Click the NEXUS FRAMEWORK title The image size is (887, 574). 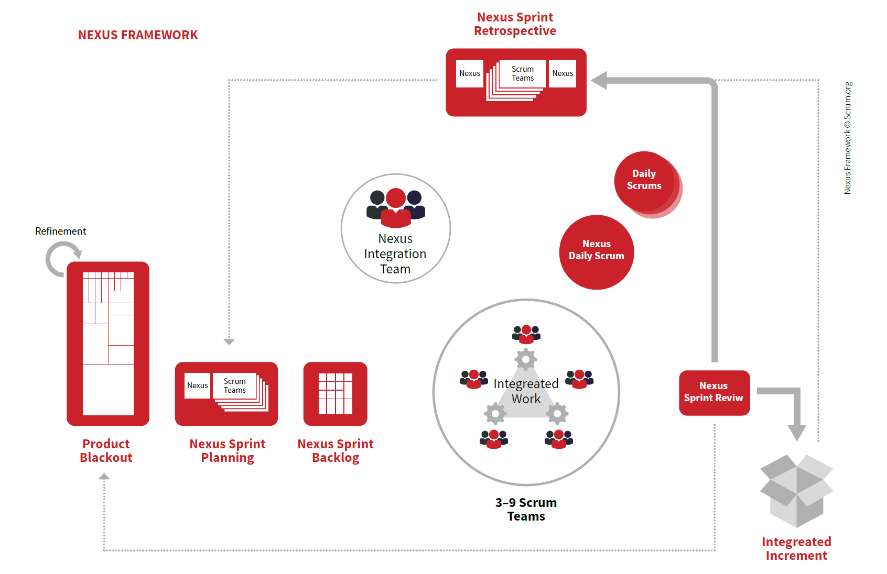[138, 35]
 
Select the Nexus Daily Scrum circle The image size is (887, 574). [597, 252]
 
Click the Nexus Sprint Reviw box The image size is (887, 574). [715, 392]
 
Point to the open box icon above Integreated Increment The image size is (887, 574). [796, 491]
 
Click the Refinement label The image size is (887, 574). [61, 231]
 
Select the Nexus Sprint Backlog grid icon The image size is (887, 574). [336, 394]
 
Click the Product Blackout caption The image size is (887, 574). [106, 450]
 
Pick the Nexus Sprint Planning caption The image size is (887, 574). [228, 450]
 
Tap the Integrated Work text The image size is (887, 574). [526, 391]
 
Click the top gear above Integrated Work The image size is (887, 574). [525, 360]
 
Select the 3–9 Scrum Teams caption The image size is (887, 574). [526, 509]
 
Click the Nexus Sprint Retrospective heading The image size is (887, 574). [515, 24]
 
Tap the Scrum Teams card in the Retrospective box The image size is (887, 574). [522, 73]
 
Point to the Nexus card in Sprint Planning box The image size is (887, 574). [197, 385]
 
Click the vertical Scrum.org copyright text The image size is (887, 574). [847, 138]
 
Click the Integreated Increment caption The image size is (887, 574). [796, 548]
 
